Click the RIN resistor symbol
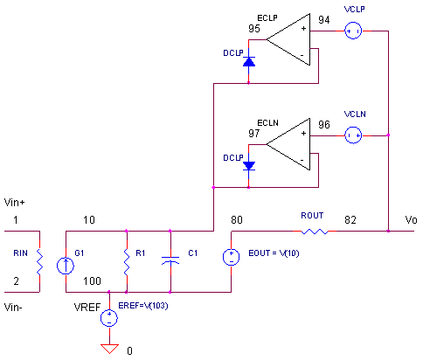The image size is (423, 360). point(39,262)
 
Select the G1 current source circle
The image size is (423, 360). point(66,266)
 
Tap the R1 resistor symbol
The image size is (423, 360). point(127,262)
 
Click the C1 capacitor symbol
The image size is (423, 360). point(170,260)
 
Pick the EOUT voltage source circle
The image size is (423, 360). point(232,257)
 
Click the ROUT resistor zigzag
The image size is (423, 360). point(315,232)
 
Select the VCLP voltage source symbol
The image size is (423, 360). point(353,31)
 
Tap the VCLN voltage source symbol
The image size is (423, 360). point(353,135)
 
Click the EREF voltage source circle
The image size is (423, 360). point(109,318)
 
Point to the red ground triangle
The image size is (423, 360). point(109,349)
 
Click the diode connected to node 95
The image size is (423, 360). point(249,62)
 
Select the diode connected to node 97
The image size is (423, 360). point(249,166)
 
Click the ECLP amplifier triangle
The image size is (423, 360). point(288,39)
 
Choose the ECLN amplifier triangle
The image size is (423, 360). point(288,144)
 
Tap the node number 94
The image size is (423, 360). point(324,20)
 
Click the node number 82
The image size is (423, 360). point(350,220)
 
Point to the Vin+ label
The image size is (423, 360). point(14,203)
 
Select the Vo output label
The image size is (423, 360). point(411,220)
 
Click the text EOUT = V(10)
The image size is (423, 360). point(274,253)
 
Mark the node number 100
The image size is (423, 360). point(92,281)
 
